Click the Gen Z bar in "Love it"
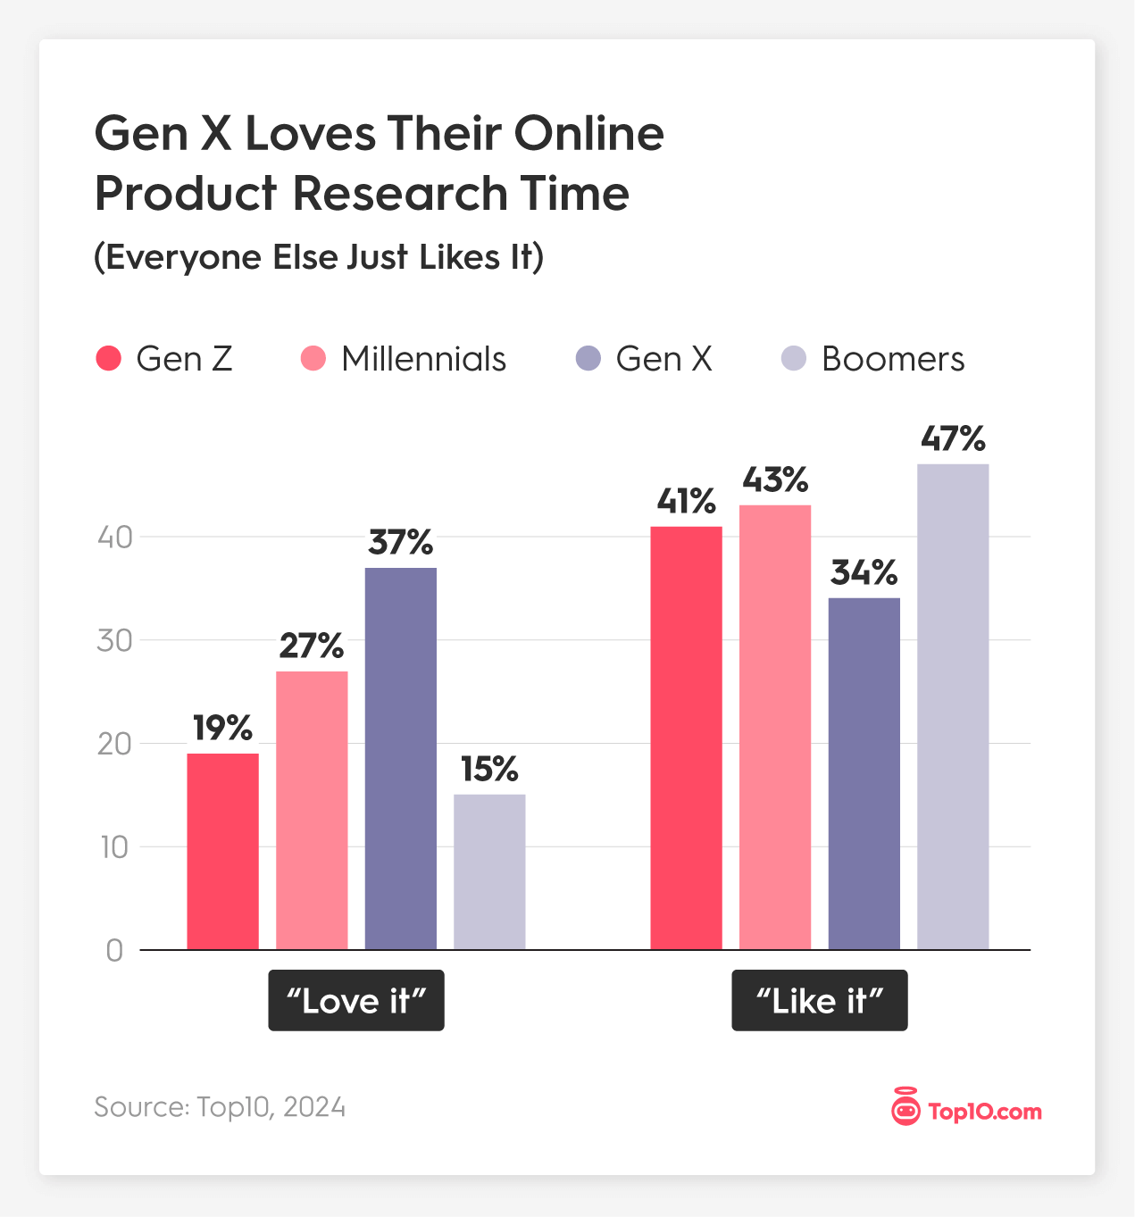click(x=222, y=851)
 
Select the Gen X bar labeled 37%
click(x=401, y=758)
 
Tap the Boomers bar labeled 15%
click(x=489, y=871)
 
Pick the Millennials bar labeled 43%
click(x=775, y=727)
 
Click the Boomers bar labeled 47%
click(x=953, y=706)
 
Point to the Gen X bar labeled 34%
click(x=864, y=773)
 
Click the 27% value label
click(x=311, y=646)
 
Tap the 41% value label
click(x=686, y=502)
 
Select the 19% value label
click(x=222, y=729)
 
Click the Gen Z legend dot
click(x=108, y=359)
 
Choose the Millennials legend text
click(x=423, y=359)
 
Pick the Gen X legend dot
click(x=588, y=359)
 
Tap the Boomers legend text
click(x=893, y=359)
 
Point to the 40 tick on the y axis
click(x=114, y=537)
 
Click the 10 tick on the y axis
click(x=114, y=847)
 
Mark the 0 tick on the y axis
click(x=114, y=951)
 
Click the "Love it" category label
click(x=356, y=1001)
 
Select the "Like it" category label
click(x=820, y=1001)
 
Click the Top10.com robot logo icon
click(x=905, y=1108)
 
